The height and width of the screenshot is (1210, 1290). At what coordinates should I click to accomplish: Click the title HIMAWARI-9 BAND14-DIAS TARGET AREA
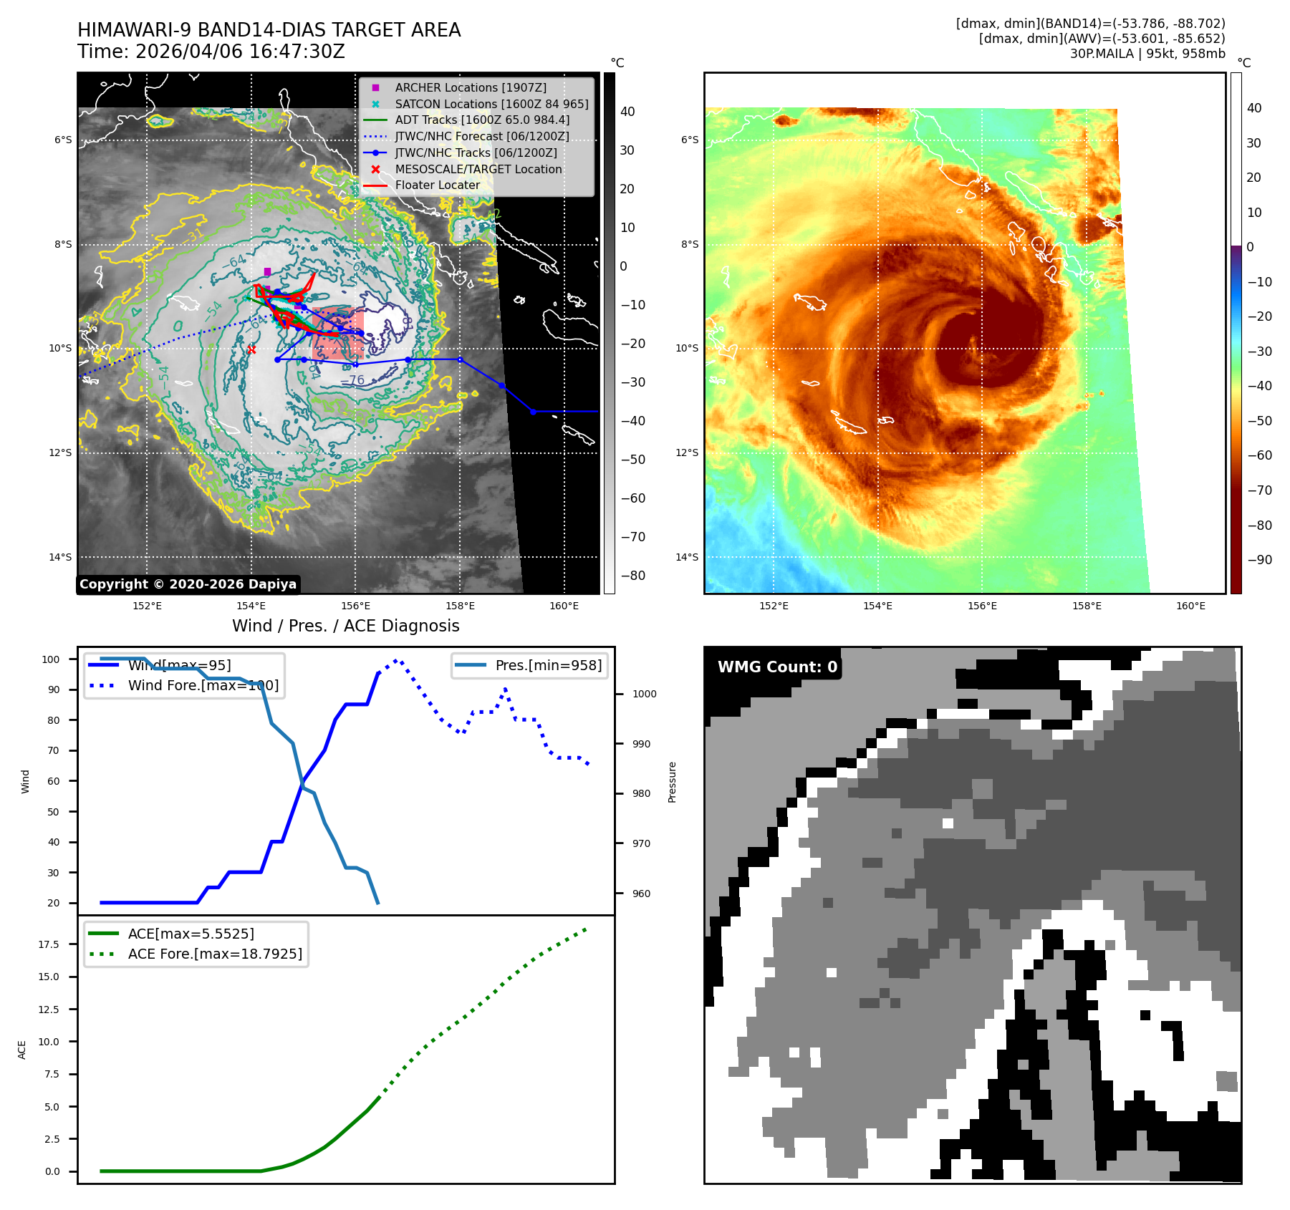[269, 30]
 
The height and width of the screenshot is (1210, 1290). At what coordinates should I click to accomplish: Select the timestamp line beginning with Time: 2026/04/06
[211, 52]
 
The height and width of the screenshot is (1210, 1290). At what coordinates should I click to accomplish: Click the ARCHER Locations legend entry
[470, 87]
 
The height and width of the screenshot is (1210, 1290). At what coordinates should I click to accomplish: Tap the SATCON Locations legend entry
[491, 104]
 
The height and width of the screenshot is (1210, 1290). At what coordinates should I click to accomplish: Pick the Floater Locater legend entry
[437, 185]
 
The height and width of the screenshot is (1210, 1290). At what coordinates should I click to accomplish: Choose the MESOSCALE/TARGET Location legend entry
[478, 169]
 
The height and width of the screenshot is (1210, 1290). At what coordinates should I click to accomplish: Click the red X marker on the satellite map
[251, 349]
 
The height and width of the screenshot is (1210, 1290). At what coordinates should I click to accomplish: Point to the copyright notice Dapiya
[188, 584]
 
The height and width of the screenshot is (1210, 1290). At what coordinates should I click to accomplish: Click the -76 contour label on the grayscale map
[352, 380]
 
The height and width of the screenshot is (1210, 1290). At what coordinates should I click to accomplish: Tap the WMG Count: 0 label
[777, 667]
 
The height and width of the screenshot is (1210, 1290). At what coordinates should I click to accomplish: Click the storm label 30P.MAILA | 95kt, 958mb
[1147, 54]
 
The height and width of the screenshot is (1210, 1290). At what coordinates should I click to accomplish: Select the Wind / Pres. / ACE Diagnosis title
[345, 626]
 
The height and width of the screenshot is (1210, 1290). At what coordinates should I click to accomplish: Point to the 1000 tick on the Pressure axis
[644, 694]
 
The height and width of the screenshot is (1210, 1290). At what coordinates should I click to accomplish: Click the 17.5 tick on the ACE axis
[49, 944]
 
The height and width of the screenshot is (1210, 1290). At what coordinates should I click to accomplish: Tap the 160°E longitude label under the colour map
[1190, 606]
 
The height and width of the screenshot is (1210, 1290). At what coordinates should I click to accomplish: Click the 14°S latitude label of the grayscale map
[60, 557]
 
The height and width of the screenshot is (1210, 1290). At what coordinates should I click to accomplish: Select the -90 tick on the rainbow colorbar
[1259, 560]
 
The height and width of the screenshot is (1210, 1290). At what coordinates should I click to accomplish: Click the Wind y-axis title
[26, 781]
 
